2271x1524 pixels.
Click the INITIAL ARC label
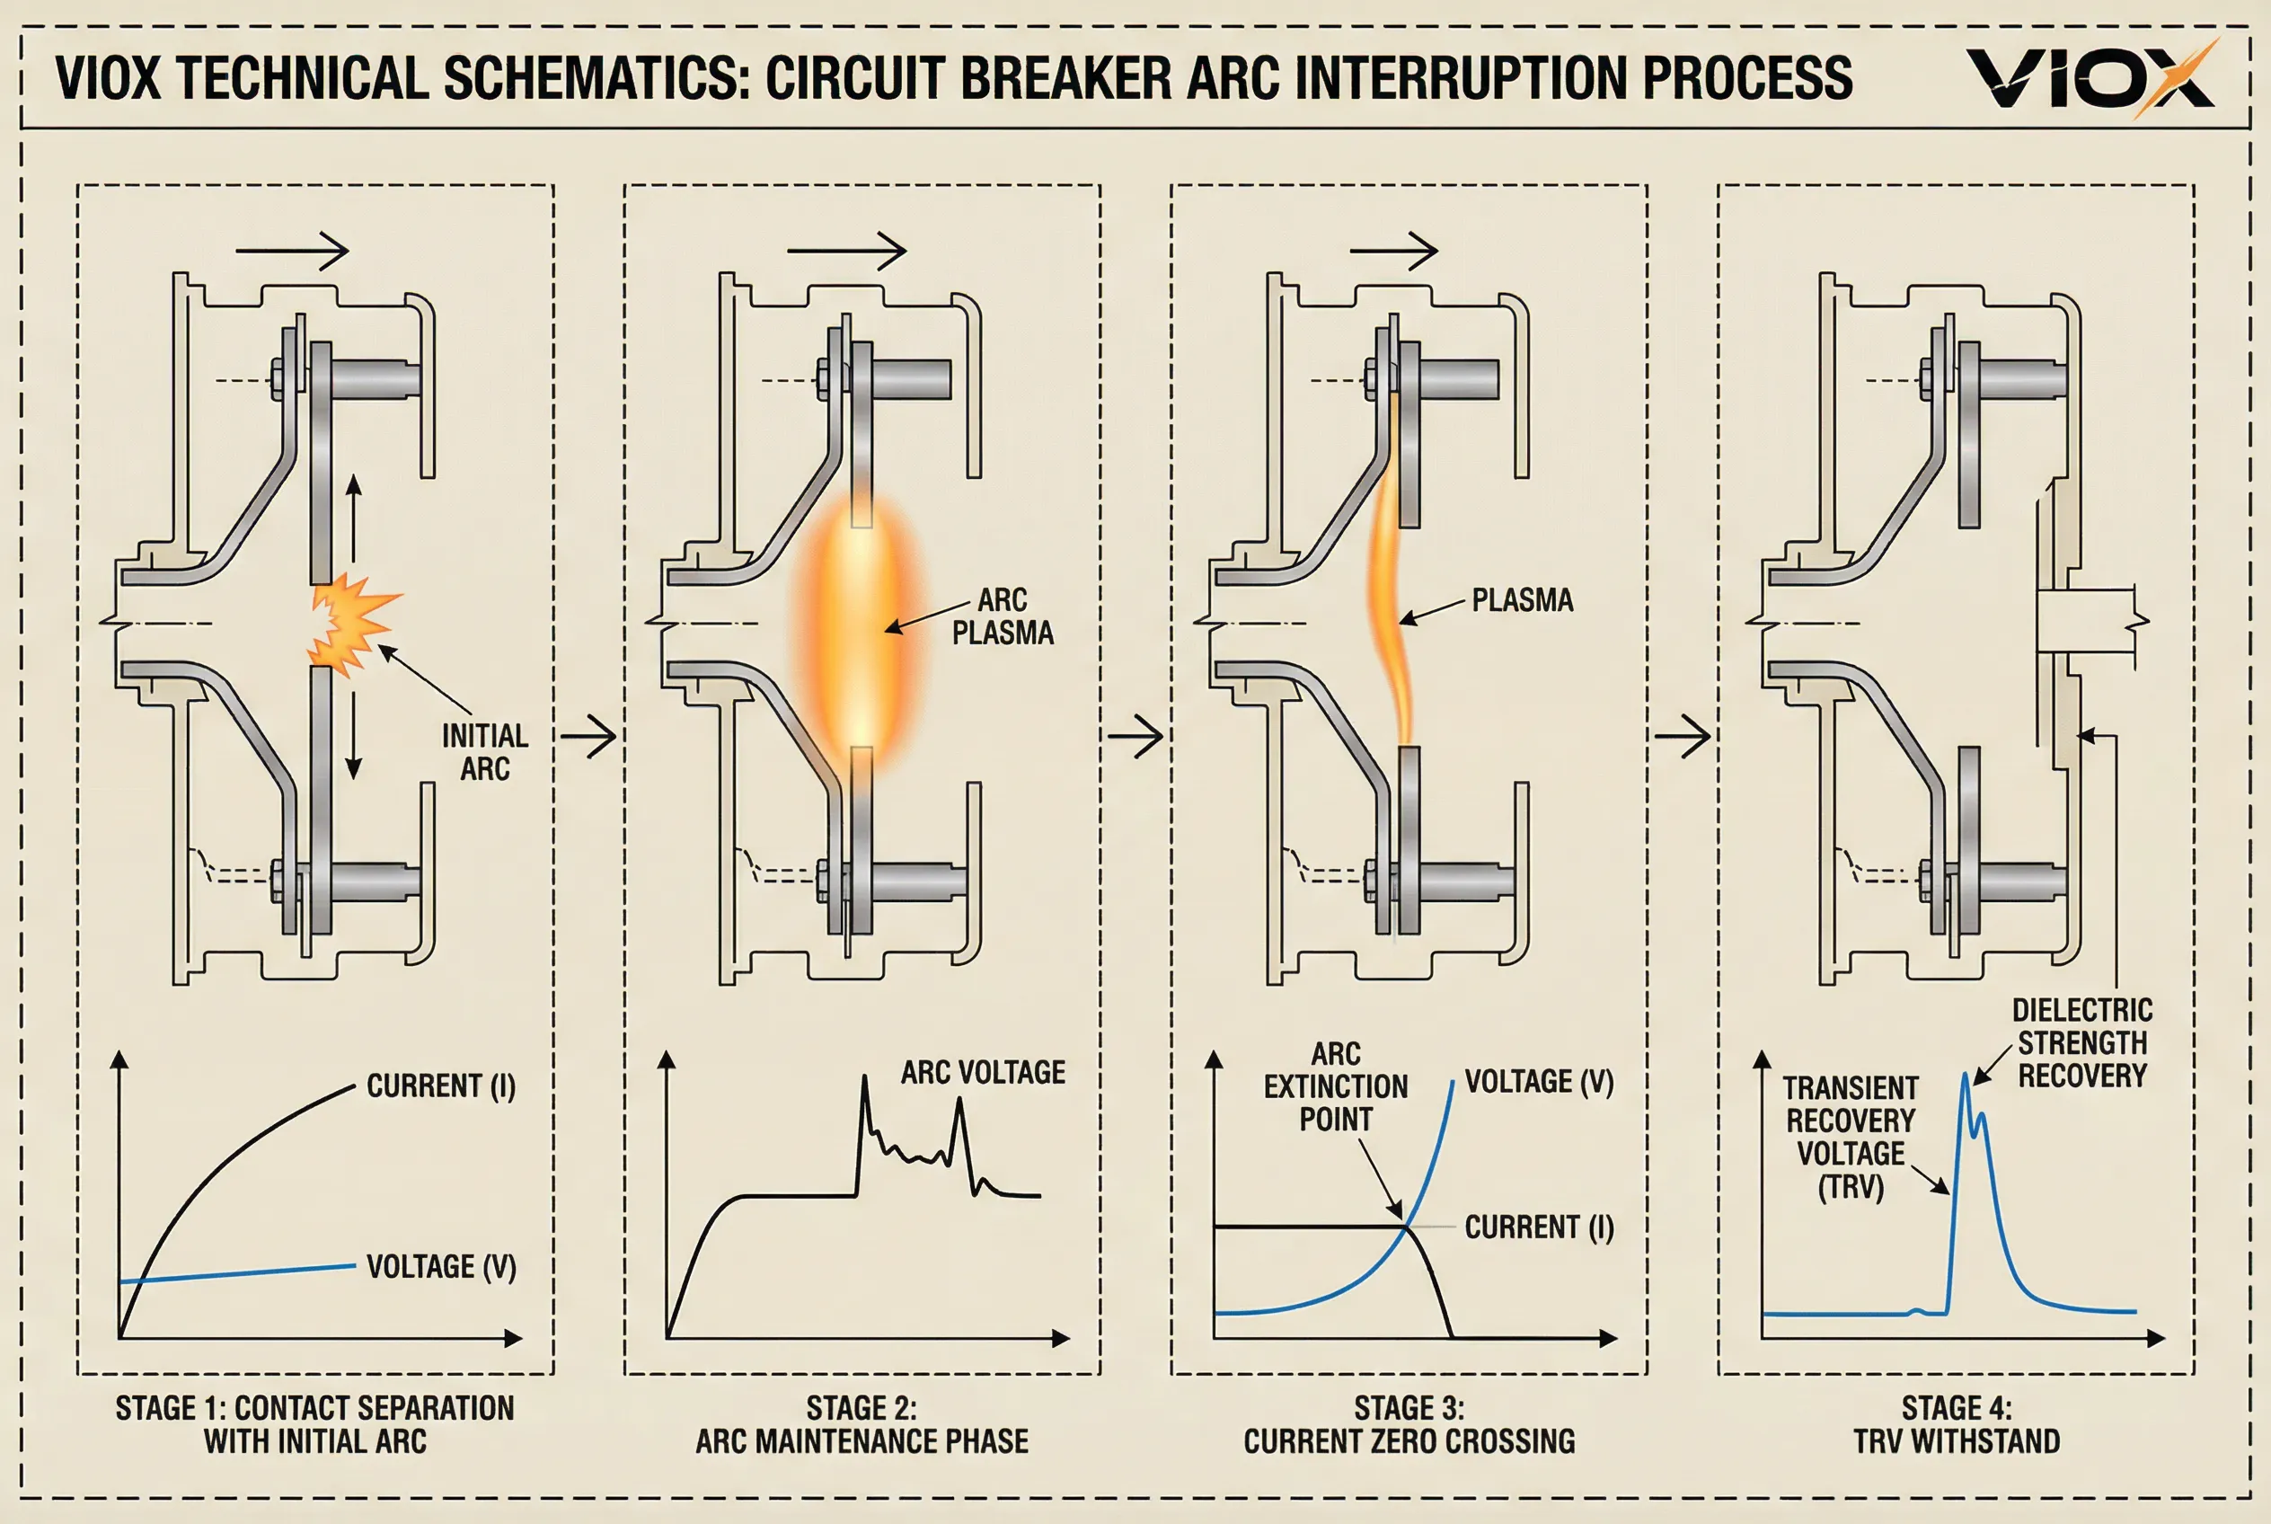tap(485, 752)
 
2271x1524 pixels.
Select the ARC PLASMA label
tap(1002, 616)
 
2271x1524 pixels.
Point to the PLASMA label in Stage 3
tap(1522, 599)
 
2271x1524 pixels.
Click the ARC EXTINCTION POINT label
tap(1335, 1086)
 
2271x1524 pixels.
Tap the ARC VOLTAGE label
tap(983, 1072)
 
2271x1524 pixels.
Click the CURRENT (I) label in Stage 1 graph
tap(440, 1085)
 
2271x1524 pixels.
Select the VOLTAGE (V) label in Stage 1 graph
tap(441, 1266)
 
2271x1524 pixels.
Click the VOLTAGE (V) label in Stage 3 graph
tap(1539, 1082)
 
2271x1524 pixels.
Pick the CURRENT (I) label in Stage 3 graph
tap(1539, 1227)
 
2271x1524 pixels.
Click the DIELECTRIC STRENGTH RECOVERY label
tap(2081, 1043)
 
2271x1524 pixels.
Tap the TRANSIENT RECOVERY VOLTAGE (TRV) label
tap(1851, 1139)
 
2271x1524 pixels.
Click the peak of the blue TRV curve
tap(1966, 1074)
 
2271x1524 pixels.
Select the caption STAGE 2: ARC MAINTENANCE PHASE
tap(861, 1425)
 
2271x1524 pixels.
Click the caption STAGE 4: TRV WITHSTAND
tap(1957, 1425)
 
